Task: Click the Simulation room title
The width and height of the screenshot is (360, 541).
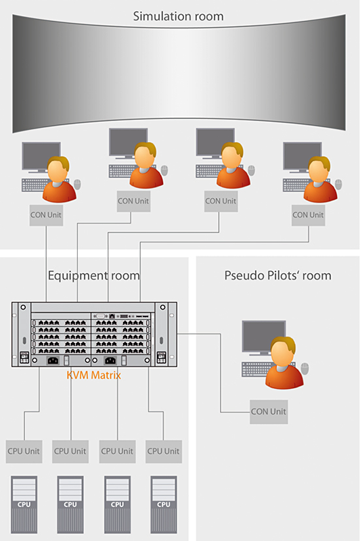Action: (178, 16)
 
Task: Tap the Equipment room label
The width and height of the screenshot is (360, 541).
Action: (94, 275)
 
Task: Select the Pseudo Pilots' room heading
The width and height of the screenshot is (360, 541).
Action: (278, 275)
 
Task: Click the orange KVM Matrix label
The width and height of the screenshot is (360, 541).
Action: (94, 375)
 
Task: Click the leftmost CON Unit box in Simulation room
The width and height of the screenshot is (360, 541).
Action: (46, 215)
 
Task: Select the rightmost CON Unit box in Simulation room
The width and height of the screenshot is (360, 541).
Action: (308, 215)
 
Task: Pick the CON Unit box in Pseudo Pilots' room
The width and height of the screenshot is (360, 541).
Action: (269, 412)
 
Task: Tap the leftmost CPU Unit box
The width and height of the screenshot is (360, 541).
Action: (24, 451)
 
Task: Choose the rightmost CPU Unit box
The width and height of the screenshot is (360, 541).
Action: (164, 451)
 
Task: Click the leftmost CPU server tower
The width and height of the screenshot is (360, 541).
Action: (24, 504)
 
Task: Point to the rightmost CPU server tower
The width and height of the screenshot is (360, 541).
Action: (164, 504)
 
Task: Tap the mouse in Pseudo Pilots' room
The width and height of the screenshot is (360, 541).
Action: (305, 368)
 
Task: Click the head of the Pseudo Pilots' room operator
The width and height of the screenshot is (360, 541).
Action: (283, 352)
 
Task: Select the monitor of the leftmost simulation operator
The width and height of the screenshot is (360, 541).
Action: (41, 157)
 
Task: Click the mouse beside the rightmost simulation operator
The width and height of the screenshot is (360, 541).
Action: (338, 184)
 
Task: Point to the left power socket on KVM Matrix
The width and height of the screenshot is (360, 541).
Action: (53, 360)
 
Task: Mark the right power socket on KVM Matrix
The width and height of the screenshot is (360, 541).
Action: (110, 360)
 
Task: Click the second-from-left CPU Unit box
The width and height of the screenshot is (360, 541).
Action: (70, 451)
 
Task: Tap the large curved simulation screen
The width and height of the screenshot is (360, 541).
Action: (179, 73)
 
